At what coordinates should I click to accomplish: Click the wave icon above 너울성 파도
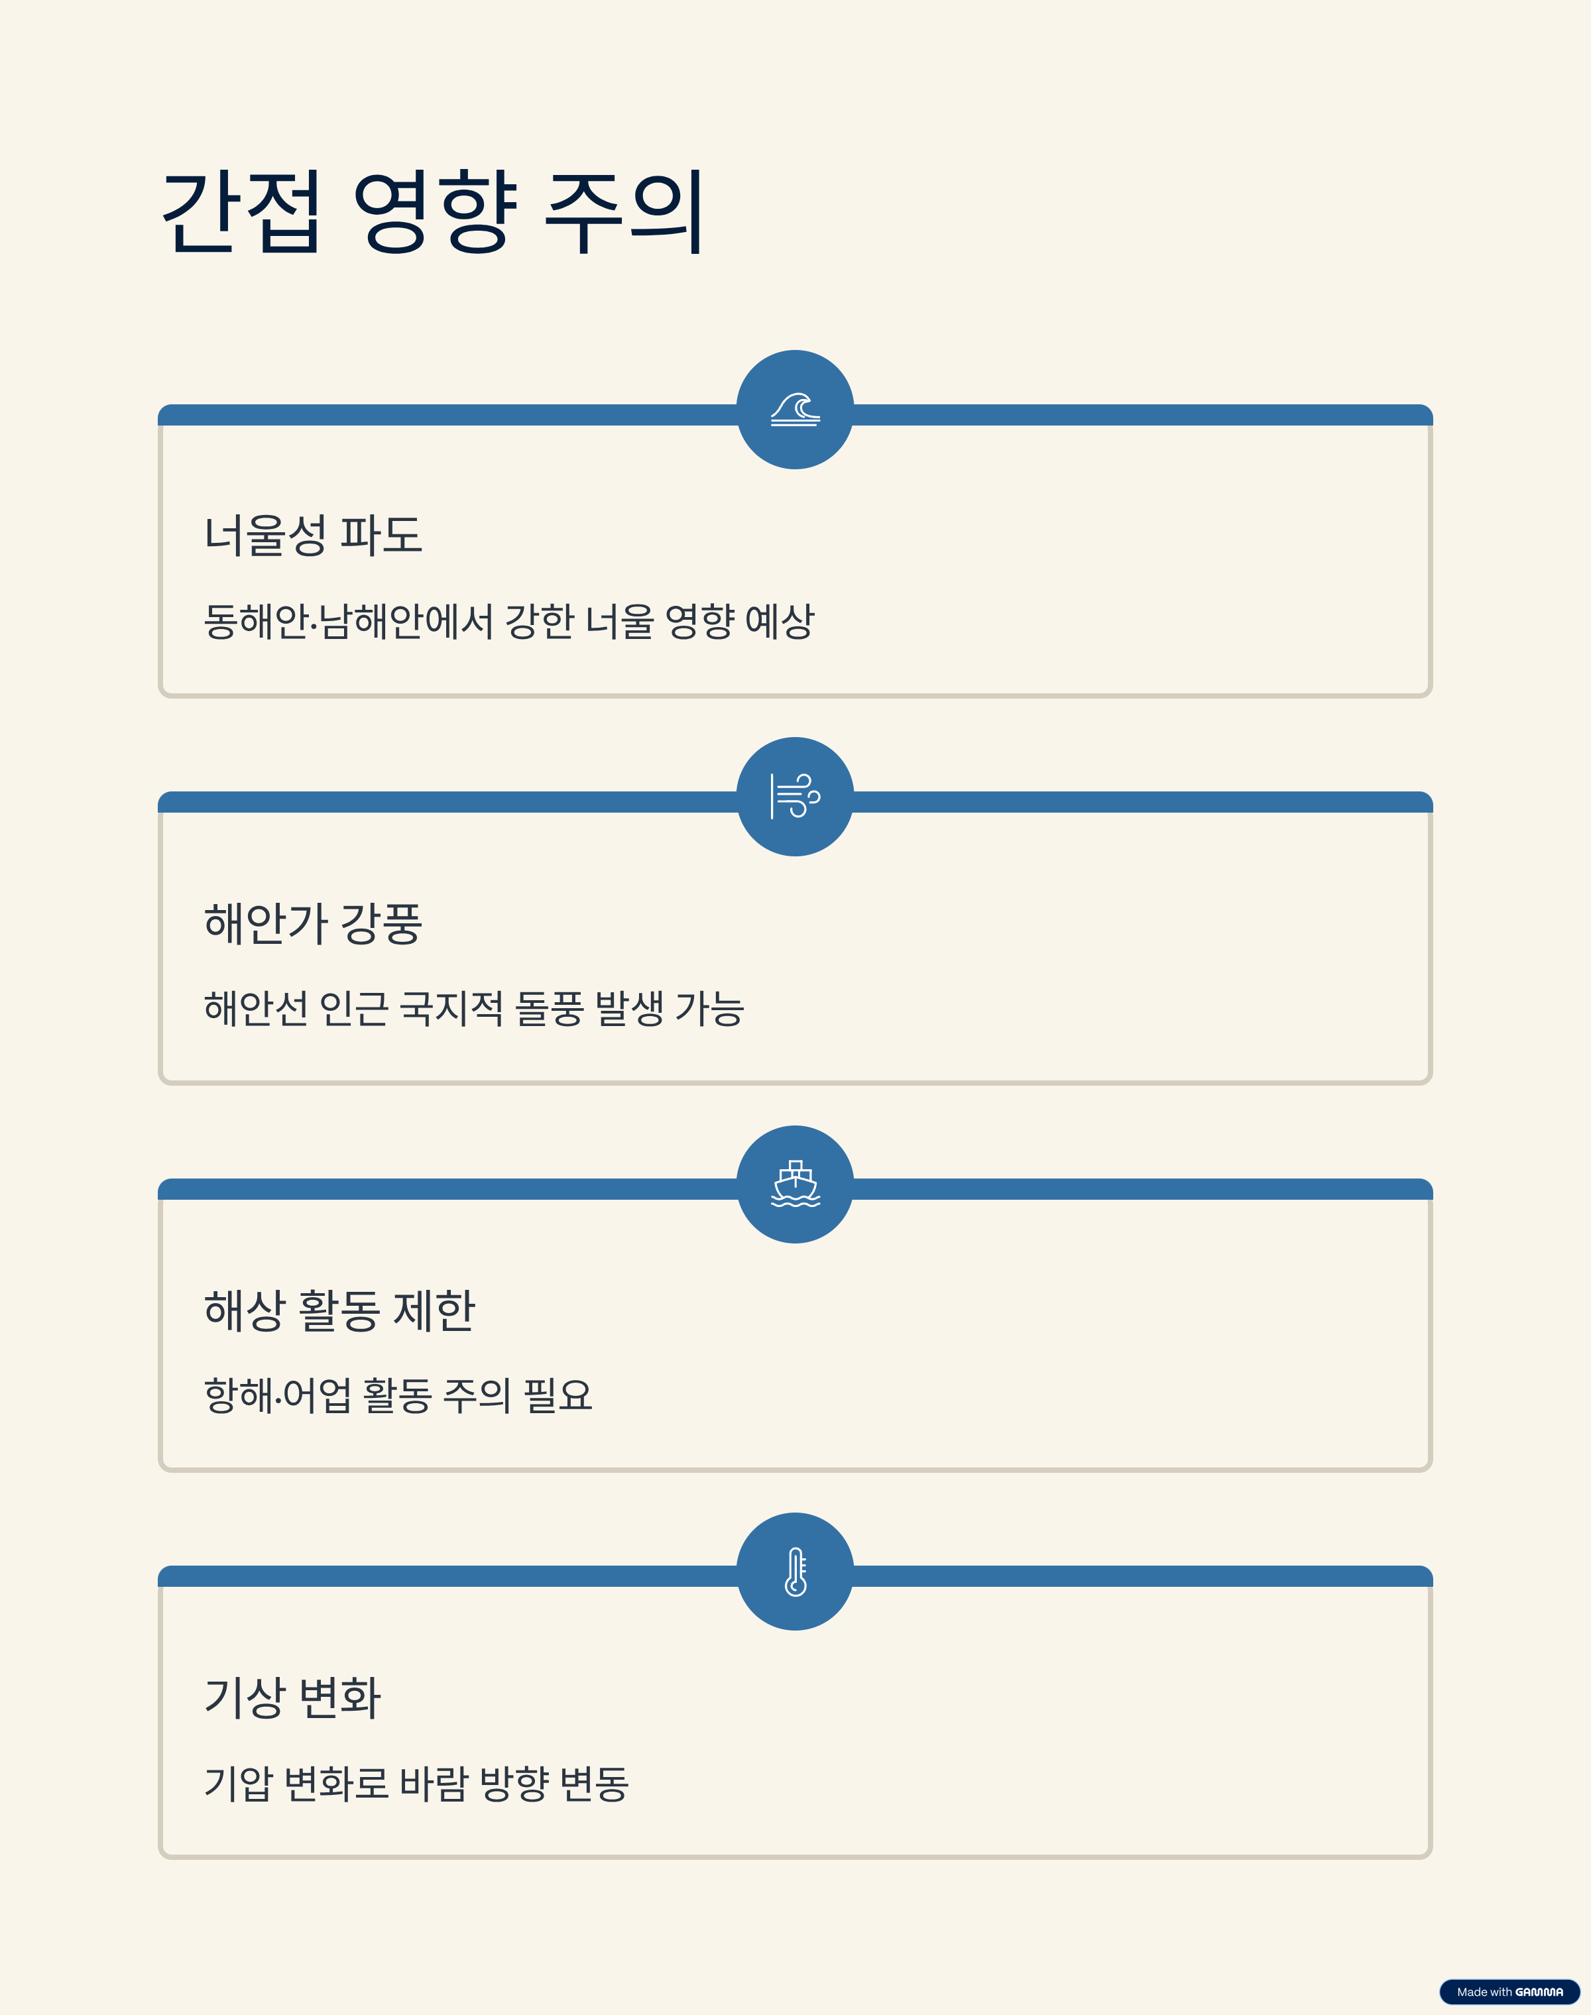(x=795, y=410)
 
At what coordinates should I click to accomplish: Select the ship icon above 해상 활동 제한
(x=795, y=1184)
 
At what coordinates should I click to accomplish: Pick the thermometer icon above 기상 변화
(x=795, y=1572)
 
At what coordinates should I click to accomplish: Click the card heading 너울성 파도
(x=313, y=536)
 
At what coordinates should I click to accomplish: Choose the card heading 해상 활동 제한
(x=339, y=1311)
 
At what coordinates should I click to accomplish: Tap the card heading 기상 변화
(x=292, y=1698)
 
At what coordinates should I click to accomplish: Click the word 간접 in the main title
(x=242, y=212)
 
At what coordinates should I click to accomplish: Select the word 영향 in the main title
(x=434, y=212)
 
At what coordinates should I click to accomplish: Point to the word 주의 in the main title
(x=624, y=212)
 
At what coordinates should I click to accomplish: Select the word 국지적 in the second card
(x=451, y=1008)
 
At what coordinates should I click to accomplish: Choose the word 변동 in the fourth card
(x=594, y=1783)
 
